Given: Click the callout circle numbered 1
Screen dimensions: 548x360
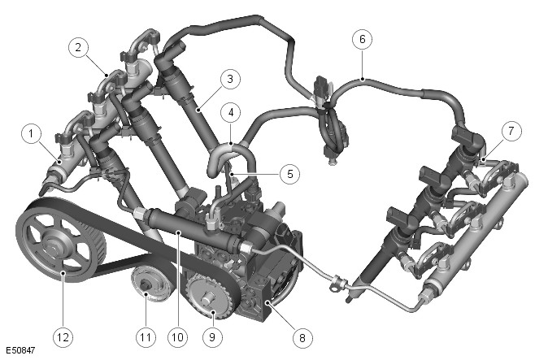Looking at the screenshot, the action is (32, 133).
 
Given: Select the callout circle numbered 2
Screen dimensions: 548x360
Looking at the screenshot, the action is (78, 47).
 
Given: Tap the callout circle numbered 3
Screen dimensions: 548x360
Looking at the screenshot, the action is (230, 79).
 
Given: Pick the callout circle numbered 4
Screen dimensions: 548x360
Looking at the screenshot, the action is (231, 113).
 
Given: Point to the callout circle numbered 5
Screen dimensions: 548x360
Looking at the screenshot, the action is (290, 174).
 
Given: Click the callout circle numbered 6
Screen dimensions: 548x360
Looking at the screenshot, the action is (363, 39).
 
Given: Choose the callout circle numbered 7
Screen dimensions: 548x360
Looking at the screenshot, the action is (511, 132).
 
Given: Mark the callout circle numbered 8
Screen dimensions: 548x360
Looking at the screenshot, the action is (302, 338).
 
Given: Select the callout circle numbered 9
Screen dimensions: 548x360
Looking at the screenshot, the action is (212, 337).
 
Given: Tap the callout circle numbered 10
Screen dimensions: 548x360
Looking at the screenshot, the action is (177, 337).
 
